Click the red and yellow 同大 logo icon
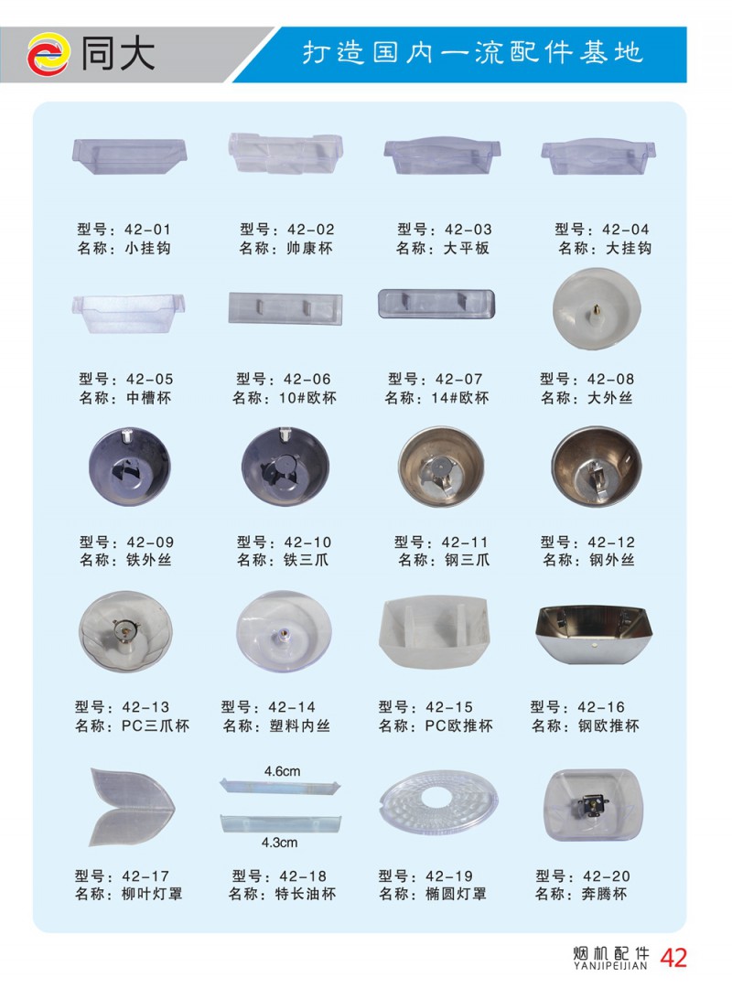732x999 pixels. tap(48, 54)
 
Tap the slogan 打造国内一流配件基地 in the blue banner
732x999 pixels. tap(472, 52)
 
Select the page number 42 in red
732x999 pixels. tap(673, 958)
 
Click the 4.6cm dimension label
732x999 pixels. tap(282, 771)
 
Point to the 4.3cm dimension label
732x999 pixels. tap(280, 843)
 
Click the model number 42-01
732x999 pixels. tap(148, 230)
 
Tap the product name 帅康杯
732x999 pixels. tap(309, 248)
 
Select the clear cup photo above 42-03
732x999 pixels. tap(442, 156)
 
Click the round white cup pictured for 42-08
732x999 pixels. tap(597, 308)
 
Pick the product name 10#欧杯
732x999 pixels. tap(307, 398)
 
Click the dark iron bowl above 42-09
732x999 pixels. tap(130, 467)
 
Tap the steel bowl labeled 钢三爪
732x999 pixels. tap(441, 467)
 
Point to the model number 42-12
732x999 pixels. tap(611, 542)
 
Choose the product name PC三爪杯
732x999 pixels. tap(156, 725)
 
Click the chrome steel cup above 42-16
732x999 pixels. tap(595, 635)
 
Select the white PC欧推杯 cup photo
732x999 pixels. tap(435, 632)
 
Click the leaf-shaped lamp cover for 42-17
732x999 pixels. tap(132, 807)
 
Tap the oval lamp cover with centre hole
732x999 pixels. tap(438, 801)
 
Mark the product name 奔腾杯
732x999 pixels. tap(604, 894)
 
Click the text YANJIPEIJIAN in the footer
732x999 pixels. tap(610, 966)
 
